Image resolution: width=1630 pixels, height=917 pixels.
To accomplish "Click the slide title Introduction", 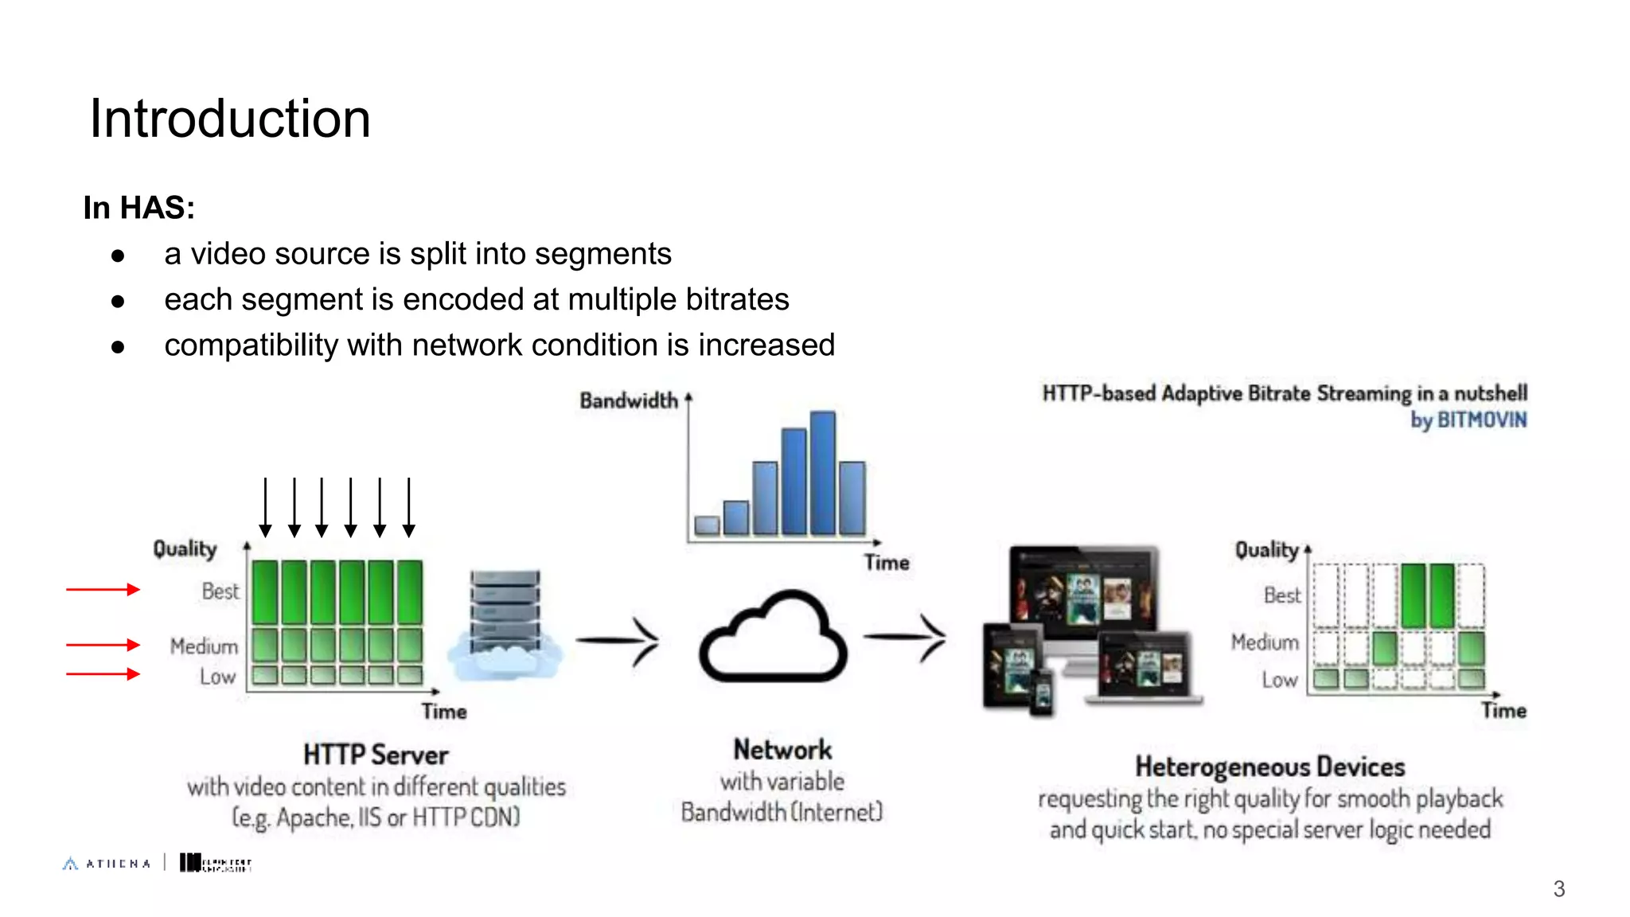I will tap(229, 119).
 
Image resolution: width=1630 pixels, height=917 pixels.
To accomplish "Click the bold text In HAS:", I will tap(138, 208).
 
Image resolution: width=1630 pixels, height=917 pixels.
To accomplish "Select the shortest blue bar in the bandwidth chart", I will tap(707, 525).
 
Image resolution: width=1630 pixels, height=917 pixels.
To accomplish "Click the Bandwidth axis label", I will tap(628, 400).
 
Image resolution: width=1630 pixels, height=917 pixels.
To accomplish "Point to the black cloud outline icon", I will tap(773, 638).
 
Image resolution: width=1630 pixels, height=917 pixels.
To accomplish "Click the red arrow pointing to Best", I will tap(103, 590).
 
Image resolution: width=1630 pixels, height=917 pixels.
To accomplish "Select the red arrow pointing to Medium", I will tap(103, 645).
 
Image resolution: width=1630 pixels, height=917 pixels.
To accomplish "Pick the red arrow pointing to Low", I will tap(103, 674).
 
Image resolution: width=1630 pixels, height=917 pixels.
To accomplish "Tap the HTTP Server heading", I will tap(376, 755).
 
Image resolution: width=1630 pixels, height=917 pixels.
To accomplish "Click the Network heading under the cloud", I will tap(782, 750).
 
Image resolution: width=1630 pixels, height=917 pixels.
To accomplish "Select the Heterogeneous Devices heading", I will tap(1269, 767).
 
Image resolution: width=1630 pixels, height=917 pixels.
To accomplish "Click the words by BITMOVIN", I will tap(1468, 419).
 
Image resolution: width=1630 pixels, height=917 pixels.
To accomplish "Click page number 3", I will tap(1558, 889).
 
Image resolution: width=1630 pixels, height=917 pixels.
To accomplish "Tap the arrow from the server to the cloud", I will tap(618, 640).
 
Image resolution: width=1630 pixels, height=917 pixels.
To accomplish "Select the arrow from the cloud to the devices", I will tap(906, 637).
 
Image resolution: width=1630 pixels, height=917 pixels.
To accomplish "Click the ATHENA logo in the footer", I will tap(107, 864).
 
